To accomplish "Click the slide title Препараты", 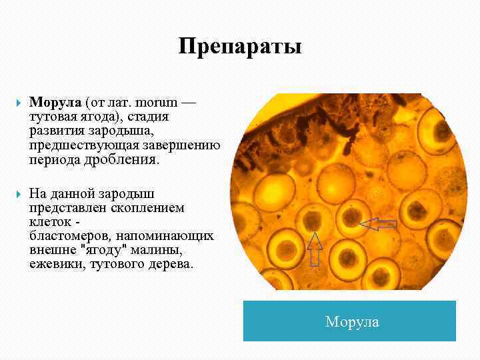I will tap(240, 47).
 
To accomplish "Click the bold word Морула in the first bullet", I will tap(55, 103).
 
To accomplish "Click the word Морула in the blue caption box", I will tap(352, 322).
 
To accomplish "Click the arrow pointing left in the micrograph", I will tap(378, 224).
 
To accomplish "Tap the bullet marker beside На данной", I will tap(17, 194).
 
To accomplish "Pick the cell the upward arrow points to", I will tap(311, 219).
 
